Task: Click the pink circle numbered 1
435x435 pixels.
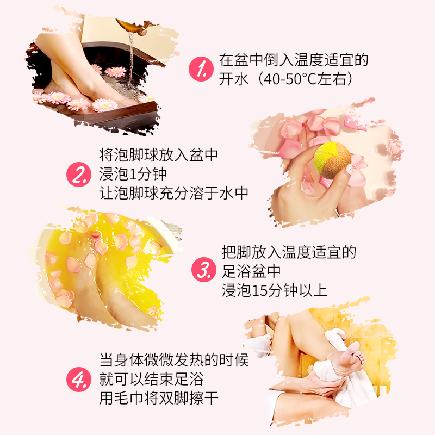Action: pos(199,69)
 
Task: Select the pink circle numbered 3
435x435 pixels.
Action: pos(203,270)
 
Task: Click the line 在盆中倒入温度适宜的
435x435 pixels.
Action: pos(293,59)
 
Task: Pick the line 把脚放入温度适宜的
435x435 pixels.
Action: pos(288,252)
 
